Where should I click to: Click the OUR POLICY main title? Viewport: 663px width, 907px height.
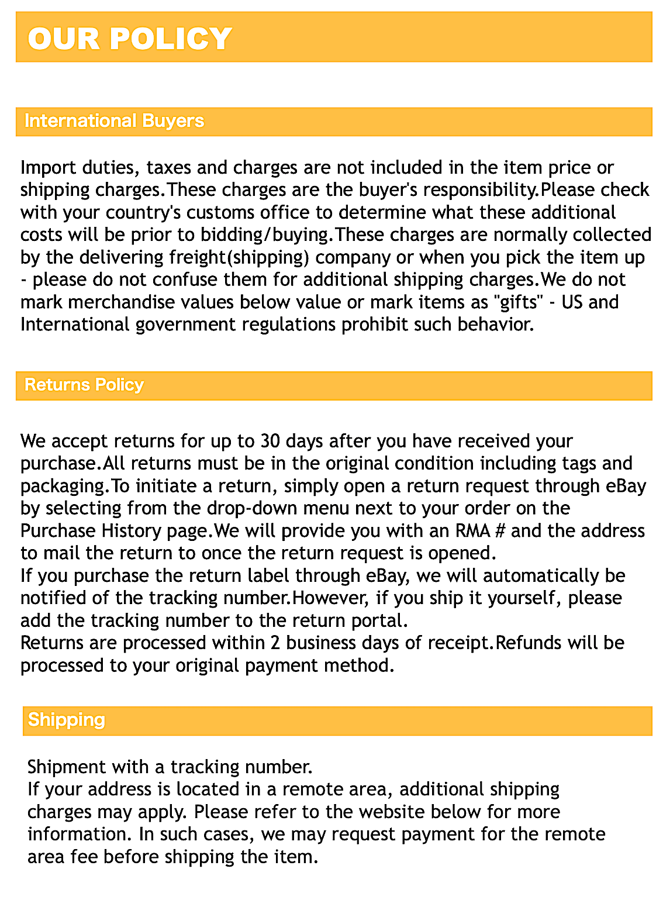[130, 39]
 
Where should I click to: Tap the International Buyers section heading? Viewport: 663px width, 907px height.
[114, 121]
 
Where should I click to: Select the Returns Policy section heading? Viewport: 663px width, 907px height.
[84, 385]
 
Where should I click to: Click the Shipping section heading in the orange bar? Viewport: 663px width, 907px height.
[66, 719]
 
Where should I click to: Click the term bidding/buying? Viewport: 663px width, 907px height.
[266, 234]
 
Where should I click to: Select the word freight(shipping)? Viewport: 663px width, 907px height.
[240, 257]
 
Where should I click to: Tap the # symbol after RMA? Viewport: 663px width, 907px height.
[500, 530]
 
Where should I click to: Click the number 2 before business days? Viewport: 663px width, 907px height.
[275, 643]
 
